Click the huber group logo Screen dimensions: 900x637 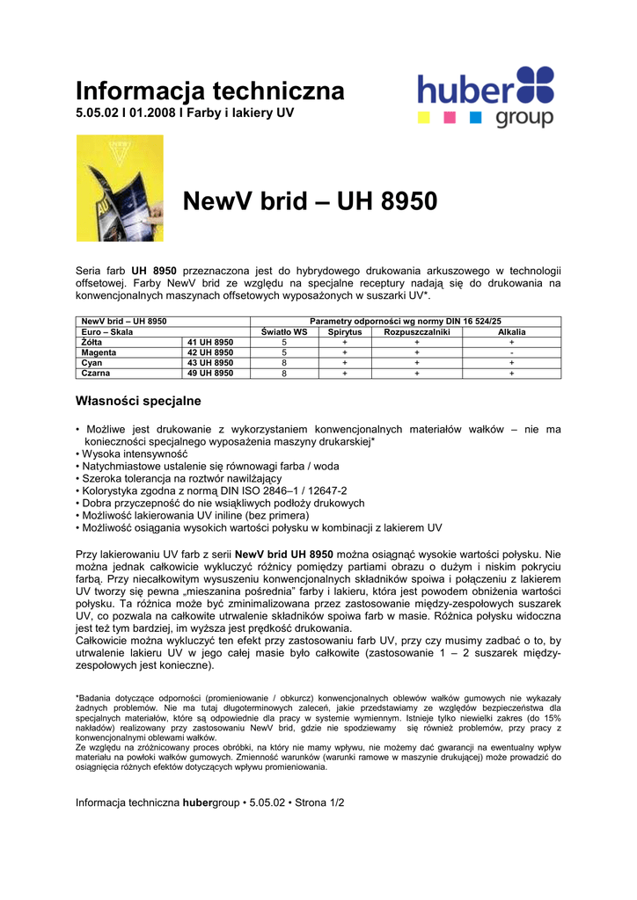485,97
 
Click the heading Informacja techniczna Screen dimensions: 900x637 210,91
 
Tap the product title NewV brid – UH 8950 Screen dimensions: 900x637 310,201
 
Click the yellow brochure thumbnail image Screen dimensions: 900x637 120,187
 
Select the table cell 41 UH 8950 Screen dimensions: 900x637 210,342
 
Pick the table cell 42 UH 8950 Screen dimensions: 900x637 210,352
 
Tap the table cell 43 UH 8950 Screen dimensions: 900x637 210,363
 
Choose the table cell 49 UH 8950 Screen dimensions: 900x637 210,374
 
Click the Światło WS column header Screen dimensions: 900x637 284,332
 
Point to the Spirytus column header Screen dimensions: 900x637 345,332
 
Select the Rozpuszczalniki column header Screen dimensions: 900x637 417,332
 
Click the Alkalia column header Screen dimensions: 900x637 511,332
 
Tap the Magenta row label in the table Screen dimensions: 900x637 99,352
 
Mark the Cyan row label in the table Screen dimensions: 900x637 92,363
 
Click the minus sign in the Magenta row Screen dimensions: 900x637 511,352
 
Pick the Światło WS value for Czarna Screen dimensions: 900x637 284,374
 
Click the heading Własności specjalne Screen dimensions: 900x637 138,402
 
